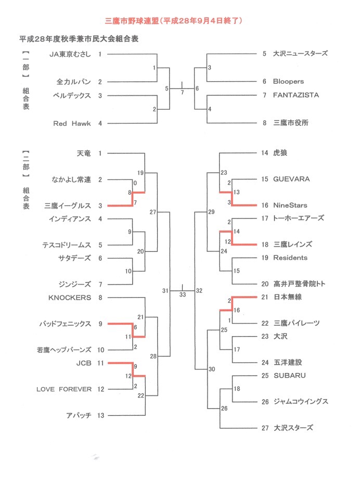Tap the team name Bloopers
pos(289,82)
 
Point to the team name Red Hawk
pos(72,123)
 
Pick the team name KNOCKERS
pos(70,298)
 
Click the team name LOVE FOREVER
pos(64,389)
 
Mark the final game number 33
pos(182,295)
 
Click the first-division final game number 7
pos(182,92)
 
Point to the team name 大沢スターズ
pos(293,428)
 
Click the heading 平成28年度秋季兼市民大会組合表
pos(79,38)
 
